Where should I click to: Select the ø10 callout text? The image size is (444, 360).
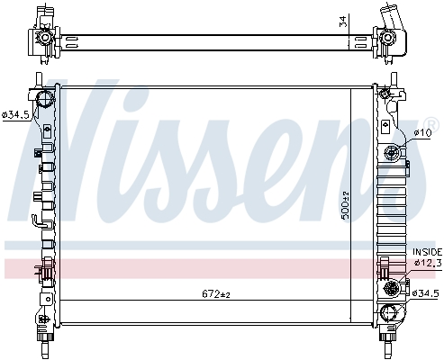(x=422, y=133)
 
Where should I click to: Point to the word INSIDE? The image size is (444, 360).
(x=427, y=251)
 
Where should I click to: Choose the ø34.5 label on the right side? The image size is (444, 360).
(x=427, y=293)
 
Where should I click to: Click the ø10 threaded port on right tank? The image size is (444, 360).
(x=393, y=154)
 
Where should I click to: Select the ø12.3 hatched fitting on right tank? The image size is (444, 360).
(x=392, y=288)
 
